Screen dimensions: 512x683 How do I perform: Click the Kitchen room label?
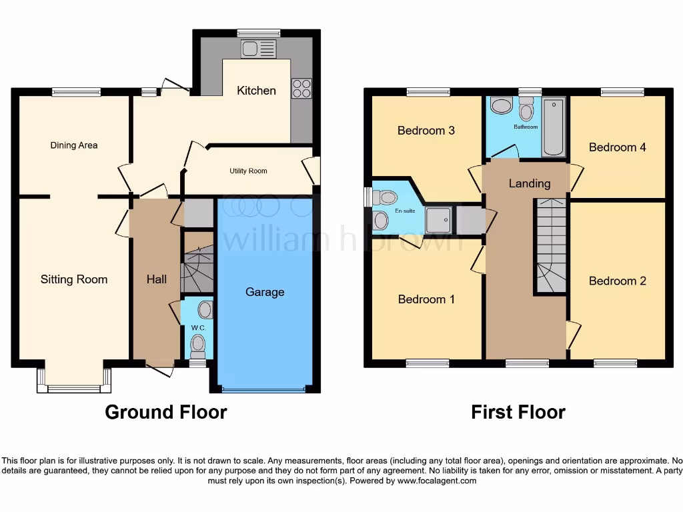[256, 91]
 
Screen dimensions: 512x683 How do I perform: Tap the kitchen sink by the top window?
[259, 49]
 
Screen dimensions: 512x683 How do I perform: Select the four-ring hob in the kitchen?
[301, 89]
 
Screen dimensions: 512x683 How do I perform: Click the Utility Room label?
[248, 171]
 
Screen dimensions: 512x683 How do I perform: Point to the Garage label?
[265, 292]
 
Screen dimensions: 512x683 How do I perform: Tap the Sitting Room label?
[74, 279]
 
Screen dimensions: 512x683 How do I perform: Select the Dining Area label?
[74, 145]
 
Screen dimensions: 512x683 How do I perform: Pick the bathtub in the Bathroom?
[553, 127]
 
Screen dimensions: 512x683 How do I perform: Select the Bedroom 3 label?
[426, 131]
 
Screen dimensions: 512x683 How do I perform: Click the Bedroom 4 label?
[618, 147]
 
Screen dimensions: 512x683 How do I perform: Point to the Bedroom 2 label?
[618, 281]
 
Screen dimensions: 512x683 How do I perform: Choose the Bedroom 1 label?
[426, 299]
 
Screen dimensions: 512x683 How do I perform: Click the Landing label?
[530, 183]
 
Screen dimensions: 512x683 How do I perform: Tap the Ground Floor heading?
[166, 412]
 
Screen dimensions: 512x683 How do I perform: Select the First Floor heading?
[518, 412]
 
